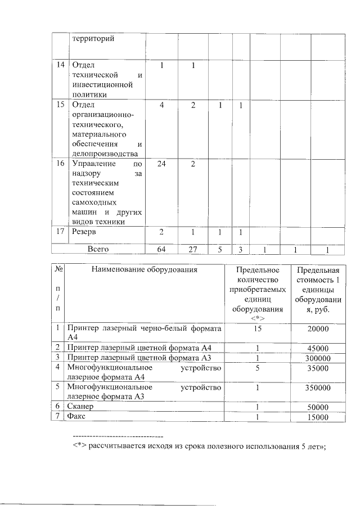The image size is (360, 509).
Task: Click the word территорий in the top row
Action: coord(92,39)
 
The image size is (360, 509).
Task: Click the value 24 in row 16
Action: coord(161,164)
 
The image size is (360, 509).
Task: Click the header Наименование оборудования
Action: coord(145,270)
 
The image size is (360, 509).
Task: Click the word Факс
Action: coord(76,416)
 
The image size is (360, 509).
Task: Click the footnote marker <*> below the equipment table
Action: coord(79,446)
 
